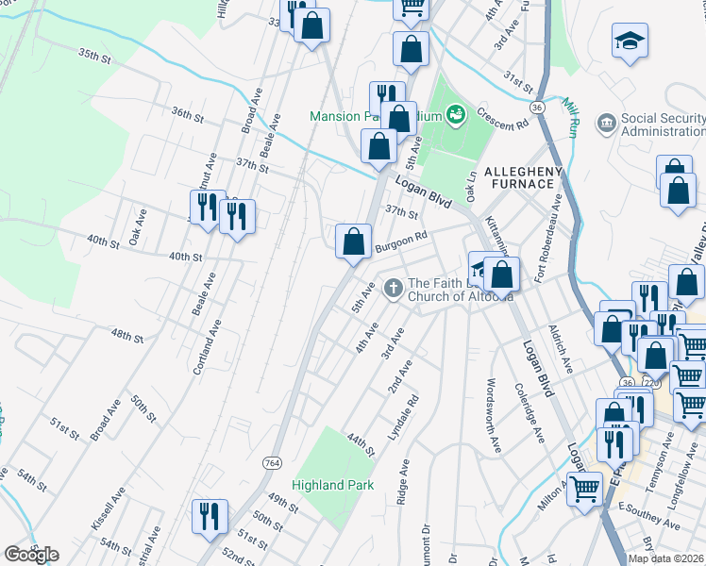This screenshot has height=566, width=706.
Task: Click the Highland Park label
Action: [x=333, y=485]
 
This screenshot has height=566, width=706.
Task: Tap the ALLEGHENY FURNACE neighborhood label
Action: [x=523, y=176]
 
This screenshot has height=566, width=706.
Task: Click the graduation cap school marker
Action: [x=630, y=42]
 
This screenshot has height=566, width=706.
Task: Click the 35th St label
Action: [x=95, y=57]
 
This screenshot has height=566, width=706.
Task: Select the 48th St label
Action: [x=124, y=336]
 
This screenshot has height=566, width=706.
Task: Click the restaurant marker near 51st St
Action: [x=207, y=516]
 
